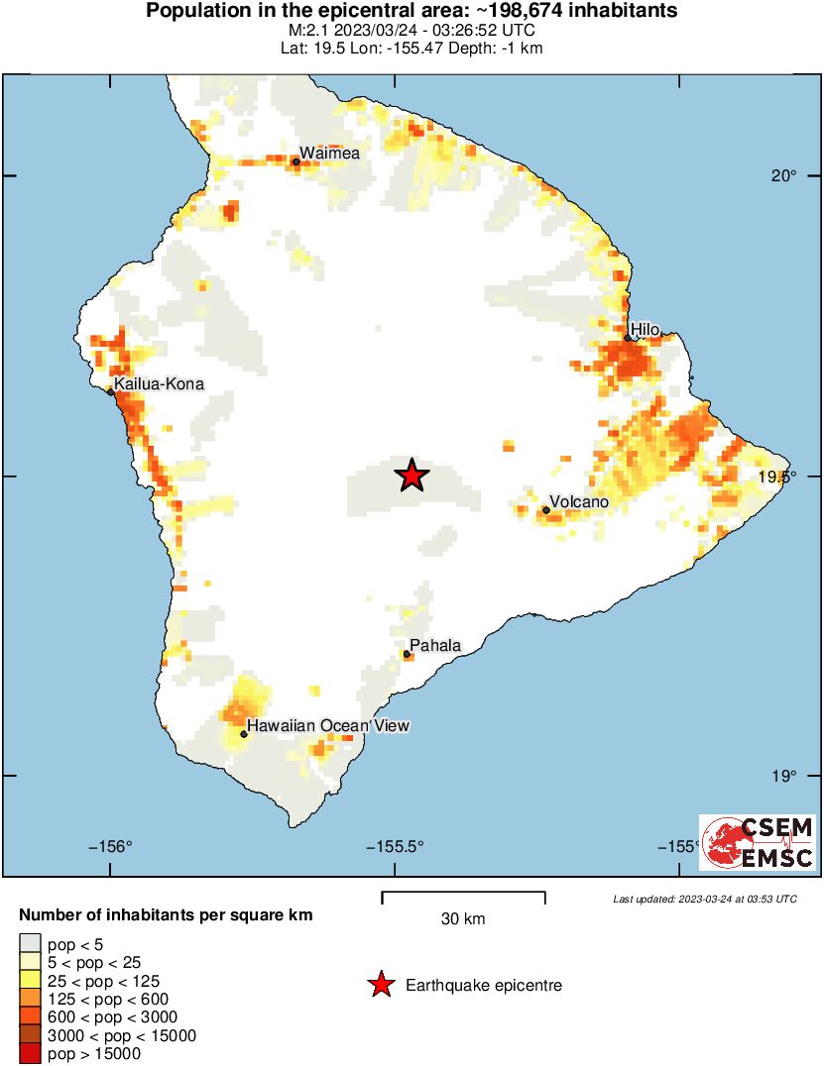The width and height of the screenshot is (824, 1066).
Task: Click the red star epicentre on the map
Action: click(x=412, y=476)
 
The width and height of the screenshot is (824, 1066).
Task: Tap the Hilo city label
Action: click(x=645, y=329)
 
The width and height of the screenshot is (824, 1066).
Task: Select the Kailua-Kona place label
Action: click(x=160, y=383)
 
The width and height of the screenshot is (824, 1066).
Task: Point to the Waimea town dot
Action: click(x=296, y=161)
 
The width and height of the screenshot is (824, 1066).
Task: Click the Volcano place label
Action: click(x=579, y=502)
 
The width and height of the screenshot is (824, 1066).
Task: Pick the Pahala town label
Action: click(x=435, y=646)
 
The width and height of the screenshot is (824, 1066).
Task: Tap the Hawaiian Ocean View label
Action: click(x=327, y=726)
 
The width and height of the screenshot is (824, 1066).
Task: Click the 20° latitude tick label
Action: click(x=785, y=176)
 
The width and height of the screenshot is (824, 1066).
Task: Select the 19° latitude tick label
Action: click(x=785, y=776)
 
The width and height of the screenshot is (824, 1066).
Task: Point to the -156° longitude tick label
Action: click(x=110, y=846)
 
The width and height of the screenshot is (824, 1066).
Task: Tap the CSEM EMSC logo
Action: click(x=758, y=843)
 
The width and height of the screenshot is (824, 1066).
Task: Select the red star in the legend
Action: click(x=379, y=986)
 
